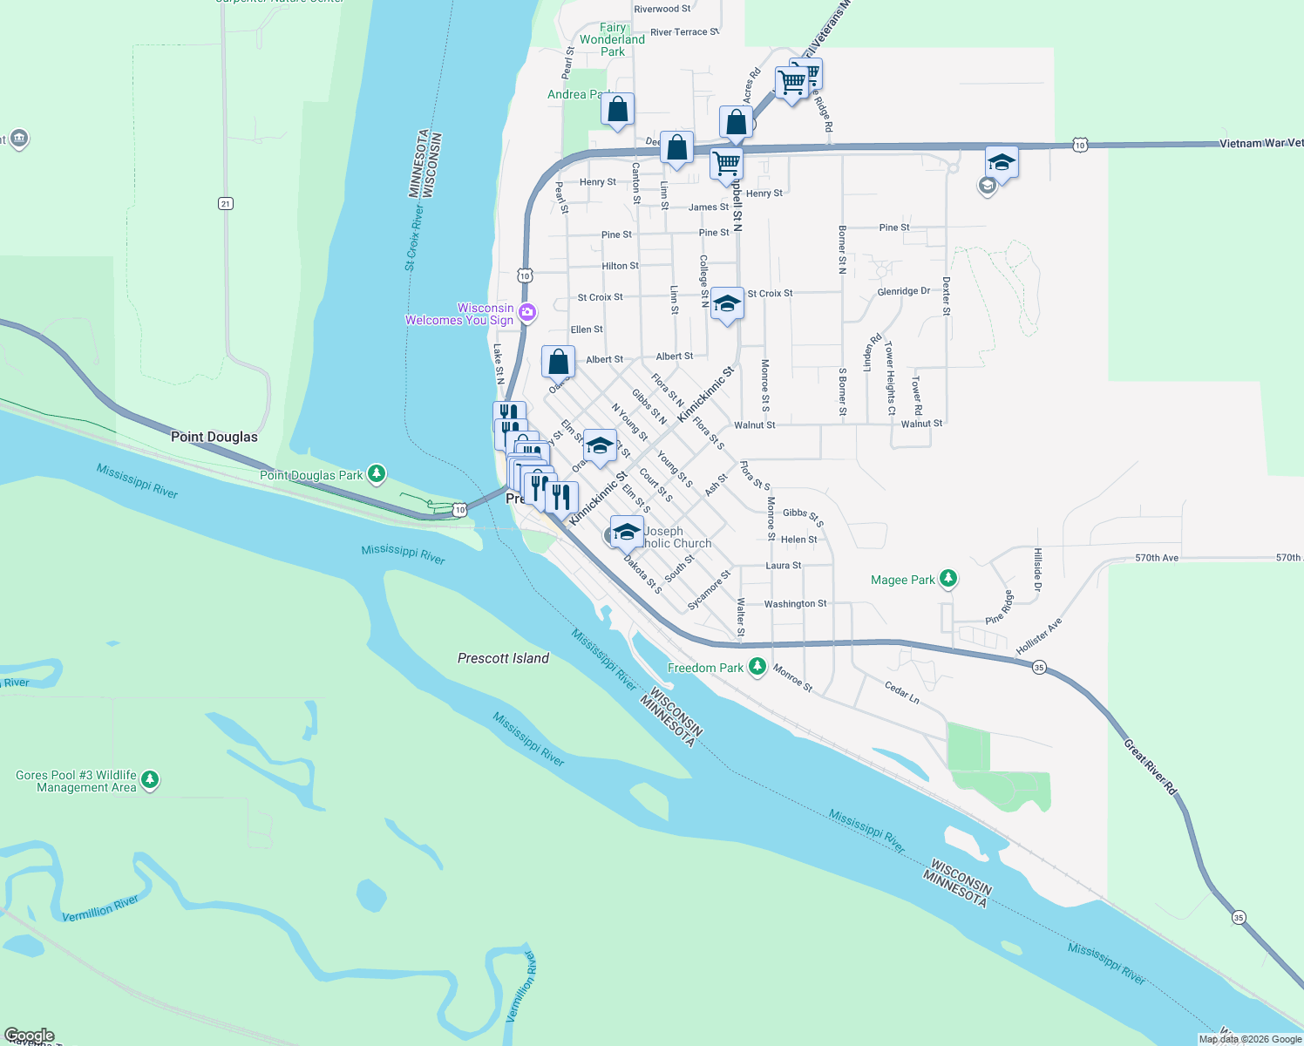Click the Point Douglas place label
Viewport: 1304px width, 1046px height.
coord(214,437)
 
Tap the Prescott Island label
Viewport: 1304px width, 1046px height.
coord(503,658)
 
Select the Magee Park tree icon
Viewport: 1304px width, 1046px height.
coord(948,579)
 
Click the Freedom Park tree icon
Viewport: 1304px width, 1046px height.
coord(757,668)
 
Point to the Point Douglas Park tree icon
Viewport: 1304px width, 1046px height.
coord(377,474)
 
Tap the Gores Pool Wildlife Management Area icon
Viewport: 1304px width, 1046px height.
coord(150,779)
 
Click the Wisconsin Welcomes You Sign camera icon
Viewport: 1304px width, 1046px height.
coord(527,313)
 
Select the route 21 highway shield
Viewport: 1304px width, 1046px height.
coord(226,204)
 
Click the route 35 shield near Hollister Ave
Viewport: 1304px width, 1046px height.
coord(1038,668)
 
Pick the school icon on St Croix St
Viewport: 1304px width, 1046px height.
coord(727,304)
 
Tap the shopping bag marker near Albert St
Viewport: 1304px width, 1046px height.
coord(558,362)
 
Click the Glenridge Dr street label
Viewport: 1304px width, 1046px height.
coord(903,291)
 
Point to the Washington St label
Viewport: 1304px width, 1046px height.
coord(795,603)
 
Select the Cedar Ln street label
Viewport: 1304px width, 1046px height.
coord(902,692)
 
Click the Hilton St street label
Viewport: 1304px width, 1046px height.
coord(620,266)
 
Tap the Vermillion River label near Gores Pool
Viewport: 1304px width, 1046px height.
coord(100,908)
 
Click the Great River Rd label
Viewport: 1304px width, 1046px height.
coord(1151,767)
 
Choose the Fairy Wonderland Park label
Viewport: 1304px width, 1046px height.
coord(612,39)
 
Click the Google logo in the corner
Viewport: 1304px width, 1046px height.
coord(30,1036)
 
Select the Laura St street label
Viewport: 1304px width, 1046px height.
coord(783,566)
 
